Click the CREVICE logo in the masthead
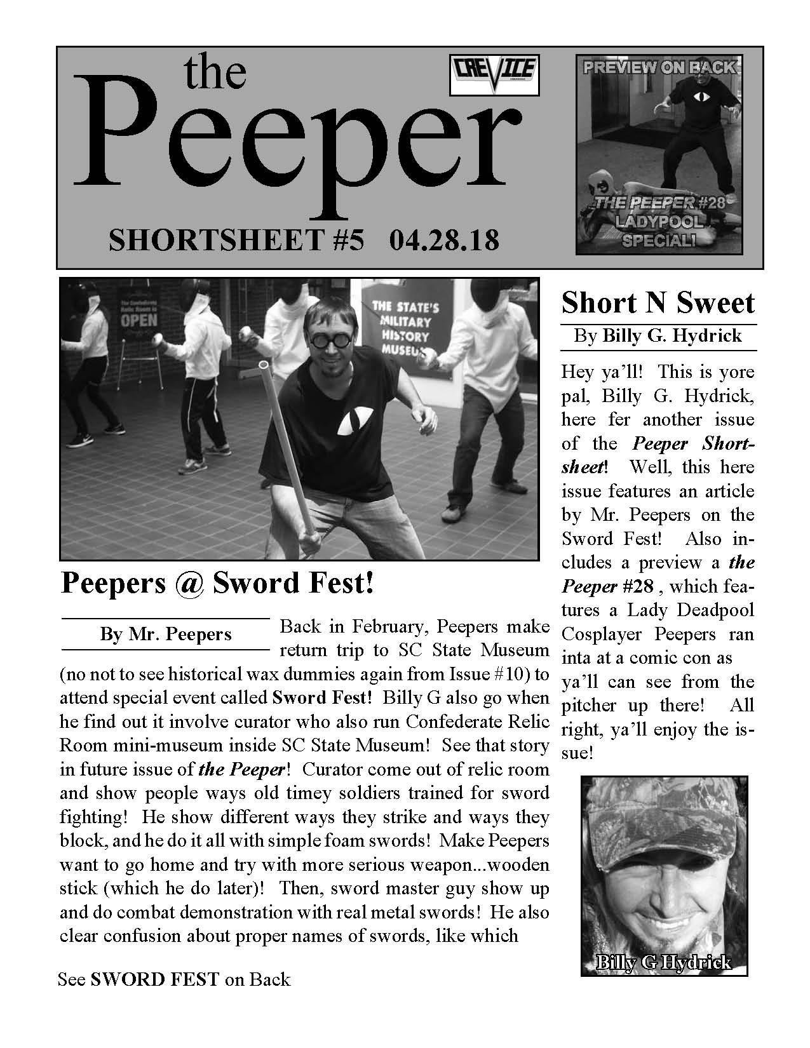494,75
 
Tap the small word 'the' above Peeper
215,73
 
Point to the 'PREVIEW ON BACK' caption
659,67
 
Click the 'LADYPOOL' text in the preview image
660,222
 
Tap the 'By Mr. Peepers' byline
166,634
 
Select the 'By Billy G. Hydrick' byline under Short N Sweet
658,335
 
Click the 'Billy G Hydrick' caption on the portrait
663,963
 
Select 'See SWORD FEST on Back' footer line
174,979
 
